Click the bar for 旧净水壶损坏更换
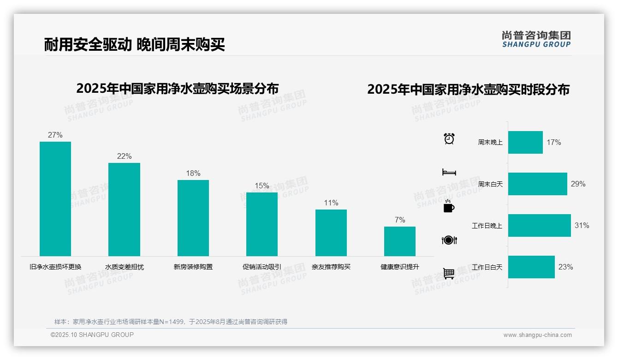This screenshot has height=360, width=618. [x=55, y=199]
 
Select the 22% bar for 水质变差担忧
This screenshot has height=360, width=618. [x=124, y=210]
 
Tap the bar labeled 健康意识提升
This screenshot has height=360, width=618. [x=400, y=241]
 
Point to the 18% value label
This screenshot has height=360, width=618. [x=193, y=174]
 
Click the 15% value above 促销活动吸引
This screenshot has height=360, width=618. [x=262, y=186]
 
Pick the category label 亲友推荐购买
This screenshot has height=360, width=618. [x=331, y=267]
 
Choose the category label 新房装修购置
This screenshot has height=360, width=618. [x=193, y=267]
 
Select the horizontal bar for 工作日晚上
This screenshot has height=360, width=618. [x=539, y=226]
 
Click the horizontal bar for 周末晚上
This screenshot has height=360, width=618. [x=525, y=143]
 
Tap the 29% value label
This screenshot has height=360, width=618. [x=578, y=184]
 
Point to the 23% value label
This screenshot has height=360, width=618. [x=565, y=267]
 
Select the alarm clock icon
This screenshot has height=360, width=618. [x=449, y=138]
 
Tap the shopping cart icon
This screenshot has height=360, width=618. [x=449, y=274]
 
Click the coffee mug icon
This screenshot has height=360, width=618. [x=449, y=207]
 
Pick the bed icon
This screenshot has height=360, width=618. [x=449, y=172]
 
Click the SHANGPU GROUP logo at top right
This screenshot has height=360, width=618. [x=536, y=39]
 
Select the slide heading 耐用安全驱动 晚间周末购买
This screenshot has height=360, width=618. [x=135, y=45]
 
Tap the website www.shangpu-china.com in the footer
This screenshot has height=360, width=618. [x=537, y=335]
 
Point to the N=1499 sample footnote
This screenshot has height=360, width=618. [x=171, y=322]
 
